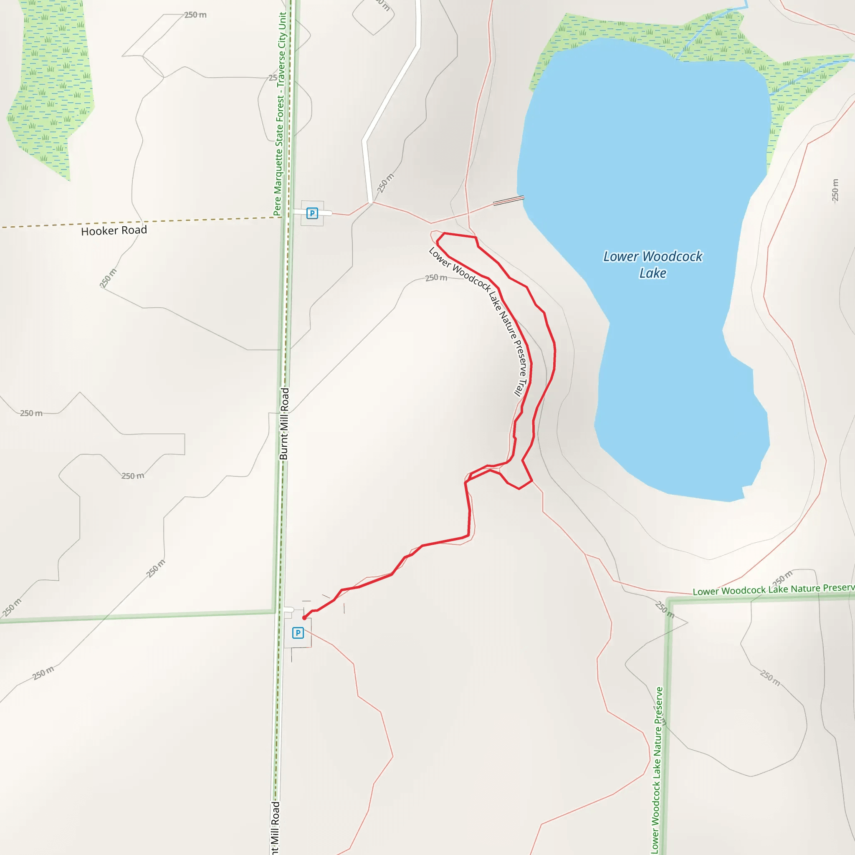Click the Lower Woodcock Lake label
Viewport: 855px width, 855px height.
coord(653,264)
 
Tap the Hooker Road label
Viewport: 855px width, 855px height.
coord(114,230)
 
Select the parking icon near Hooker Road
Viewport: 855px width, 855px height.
coord(312,213)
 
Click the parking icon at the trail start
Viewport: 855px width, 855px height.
coord(298,633)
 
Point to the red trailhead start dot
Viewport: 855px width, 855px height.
coord(304,618)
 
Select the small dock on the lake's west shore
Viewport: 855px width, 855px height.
coord(508,200)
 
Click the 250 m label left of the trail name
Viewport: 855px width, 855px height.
coord(436,278)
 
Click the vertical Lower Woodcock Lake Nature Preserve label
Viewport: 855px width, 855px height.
coord(657,770)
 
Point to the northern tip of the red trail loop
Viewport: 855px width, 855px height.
coord(444,233)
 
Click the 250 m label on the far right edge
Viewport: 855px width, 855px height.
coord(835,190)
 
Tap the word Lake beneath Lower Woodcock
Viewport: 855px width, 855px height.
coord(653,273)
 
